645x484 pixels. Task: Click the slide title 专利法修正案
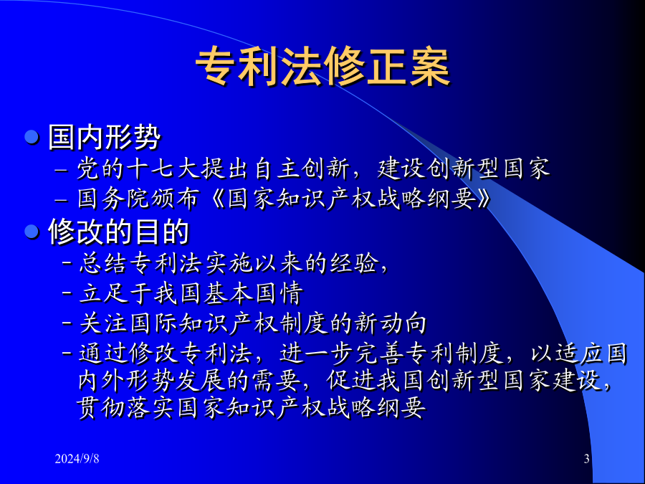[322, 67]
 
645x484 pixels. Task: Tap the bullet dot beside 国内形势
[32, 137]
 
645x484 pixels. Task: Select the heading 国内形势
[104, 137]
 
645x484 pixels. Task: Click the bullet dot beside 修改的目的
[32, 232]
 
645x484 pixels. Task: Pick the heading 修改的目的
[118, 232]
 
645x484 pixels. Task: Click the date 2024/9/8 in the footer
[77, 458]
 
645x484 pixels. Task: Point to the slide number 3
[586, 458]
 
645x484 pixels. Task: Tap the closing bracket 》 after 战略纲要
[484, 199]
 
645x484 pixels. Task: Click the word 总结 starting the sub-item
[102, 263]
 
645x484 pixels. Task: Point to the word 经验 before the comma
[355, 263]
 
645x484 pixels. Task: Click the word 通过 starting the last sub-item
[102, 354]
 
